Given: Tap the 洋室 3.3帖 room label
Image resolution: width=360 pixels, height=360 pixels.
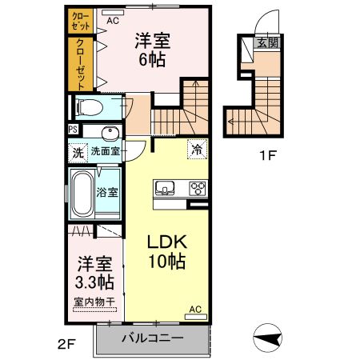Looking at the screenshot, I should click(95, 273).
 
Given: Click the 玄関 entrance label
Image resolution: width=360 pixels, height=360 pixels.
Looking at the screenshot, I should click(267, 43).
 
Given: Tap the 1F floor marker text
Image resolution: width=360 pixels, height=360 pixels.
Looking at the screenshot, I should click(266, 156).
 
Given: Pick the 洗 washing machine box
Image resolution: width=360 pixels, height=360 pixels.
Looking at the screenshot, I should click(77, 150).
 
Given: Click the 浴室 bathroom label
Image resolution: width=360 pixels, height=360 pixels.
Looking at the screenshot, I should click(107, 192).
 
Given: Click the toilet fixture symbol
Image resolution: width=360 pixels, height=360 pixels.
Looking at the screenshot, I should click(87, 106).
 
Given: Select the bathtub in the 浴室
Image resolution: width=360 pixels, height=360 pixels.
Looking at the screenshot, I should click(82, 193).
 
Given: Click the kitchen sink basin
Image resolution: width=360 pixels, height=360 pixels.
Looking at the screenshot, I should click(166, 189).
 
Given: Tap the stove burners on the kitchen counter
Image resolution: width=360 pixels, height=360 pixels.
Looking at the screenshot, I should click(196, 189).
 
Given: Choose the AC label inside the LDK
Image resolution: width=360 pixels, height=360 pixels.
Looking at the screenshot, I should click(195, 309).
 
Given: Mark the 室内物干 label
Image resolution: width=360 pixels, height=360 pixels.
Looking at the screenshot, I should click(95, 302).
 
